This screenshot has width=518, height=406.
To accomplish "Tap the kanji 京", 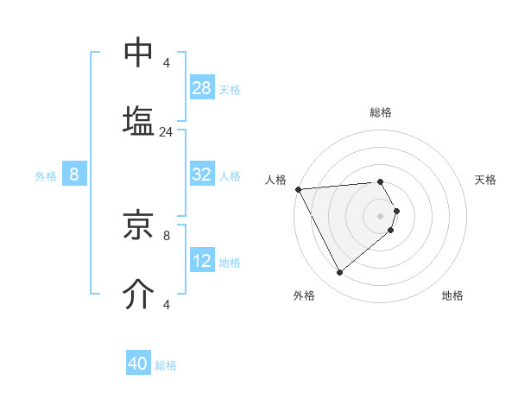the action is click(x=139, y=227).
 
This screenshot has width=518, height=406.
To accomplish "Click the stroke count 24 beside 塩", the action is click(x=167, y=132).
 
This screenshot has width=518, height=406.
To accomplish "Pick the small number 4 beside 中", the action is click(x=167, y=63).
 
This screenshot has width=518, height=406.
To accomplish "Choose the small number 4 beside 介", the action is click(x=167, y=304).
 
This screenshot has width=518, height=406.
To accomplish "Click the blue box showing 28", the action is click(x=202, y=88).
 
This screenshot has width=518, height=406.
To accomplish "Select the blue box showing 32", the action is click(x=202, y=174).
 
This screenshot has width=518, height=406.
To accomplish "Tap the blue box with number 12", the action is click(x=202, y=261).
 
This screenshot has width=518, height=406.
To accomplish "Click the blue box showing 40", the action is click(x=138, y=364).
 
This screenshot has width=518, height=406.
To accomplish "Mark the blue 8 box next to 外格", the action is click(x=74, y=174).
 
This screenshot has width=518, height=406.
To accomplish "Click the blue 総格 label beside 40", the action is click(x=166, y=365).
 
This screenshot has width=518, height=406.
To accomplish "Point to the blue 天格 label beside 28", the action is click(x=230, y=89).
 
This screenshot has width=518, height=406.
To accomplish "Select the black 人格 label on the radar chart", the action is click(x=275, y=179).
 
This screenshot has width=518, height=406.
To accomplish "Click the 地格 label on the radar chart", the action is click(x=452, y=295).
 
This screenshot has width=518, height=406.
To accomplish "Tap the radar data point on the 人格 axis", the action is click(x=298, y=189).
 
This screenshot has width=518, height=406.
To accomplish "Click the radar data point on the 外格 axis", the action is click(x=339, y=272).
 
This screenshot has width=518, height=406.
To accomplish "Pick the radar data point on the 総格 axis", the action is click(x=380, y=181).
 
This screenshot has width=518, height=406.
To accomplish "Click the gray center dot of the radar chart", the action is click(x=380, y=215).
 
